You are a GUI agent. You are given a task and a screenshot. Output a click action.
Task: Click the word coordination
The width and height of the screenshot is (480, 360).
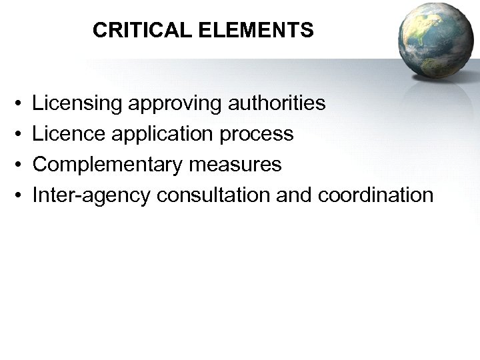coord(377,195)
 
